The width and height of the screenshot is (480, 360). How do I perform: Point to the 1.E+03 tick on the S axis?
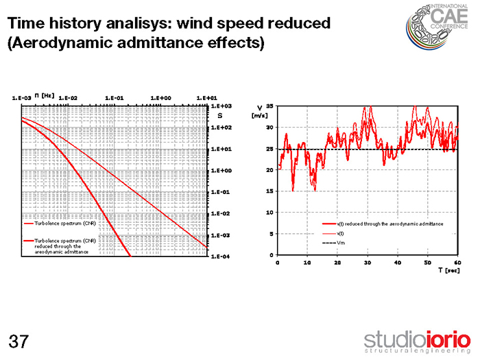click(x=221, y=106)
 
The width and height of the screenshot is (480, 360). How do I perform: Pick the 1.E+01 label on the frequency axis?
click(x=206, y=98)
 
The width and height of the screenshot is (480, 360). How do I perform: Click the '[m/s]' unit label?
click(x=259, y=115)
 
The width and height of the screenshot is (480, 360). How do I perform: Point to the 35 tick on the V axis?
click(x=269, y=106)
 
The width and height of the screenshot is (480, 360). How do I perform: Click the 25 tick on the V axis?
click(x=269, y=149)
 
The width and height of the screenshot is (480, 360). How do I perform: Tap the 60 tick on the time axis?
click(x=457, y=263)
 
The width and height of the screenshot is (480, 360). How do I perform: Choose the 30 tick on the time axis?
click(x=368, y=263)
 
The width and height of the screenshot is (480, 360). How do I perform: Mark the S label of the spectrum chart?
click(x=221, y=116)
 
